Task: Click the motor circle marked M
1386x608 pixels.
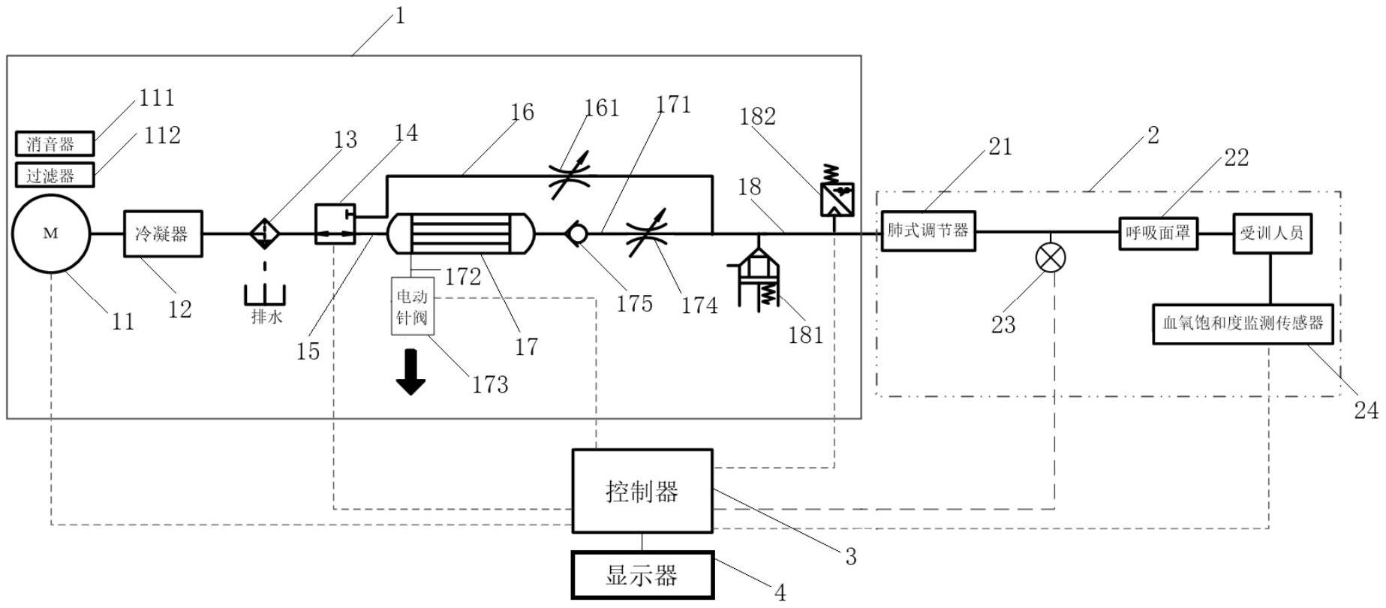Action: pos(51,233)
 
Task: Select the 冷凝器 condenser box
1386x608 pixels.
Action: pos(162,233)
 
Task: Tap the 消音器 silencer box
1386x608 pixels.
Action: pos(54,143)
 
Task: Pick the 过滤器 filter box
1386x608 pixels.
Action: pos(54,176)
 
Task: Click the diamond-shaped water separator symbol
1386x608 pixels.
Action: pos(264,233)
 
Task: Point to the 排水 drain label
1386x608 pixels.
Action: pos(266,317)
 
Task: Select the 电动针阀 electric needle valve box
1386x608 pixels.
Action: pos(412,306)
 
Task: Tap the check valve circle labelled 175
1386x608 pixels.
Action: pos(577,233)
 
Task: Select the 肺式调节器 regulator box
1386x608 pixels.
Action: pos(928,231)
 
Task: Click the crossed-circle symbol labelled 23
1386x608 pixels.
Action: pos(1050,257)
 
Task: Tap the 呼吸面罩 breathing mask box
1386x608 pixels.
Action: pos(1158,233)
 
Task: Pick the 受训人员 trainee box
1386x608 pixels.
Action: pos(1272,233)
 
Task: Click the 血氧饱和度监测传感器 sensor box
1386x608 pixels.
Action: pos(1243,324)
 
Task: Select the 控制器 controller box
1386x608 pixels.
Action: pos(642,492)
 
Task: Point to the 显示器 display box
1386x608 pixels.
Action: pos(642,576)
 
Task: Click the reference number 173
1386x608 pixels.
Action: pos(490,385)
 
